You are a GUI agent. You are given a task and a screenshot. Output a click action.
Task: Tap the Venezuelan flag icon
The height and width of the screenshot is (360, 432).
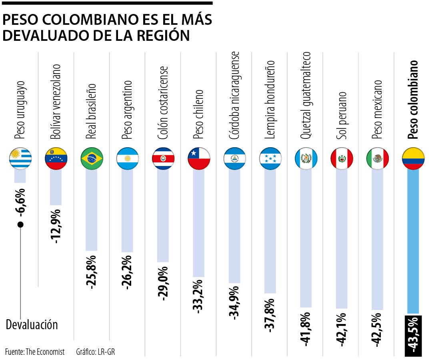pos(56,158)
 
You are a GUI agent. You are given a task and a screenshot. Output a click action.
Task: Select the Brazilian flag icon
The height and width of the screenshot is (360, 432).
pos(92,158)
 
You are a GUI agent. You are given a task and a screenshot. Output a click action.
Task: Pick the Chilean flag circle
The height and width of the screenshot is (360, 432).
pos(199,158)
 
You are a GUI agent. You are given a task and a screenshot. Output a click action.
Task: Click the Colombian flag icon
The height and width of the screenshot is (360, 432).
pos(413,158)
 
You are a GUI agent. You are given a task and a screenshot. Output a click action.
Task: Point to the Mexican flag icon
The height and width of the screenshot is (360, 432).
pos(378,158)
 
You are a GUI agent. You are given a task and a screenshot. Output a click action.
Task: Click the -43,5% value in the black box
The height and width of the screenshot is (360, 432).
pos(413,335)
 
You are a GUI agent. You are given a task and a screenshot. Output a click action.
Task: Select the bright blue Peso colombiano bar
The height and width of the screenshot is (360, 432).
pos(413,240)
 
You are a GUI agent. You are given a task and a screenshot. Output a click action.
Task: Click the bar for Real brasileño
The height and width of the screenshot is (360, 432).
pos(92,208)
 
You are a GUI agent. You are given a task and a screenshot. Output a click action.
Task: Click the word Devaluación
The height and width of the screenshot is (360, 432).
pos(32,324)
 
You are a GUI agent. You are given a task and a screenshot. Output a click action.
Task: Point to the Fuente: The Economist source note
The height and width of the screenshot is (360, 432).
pos(35,352)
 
